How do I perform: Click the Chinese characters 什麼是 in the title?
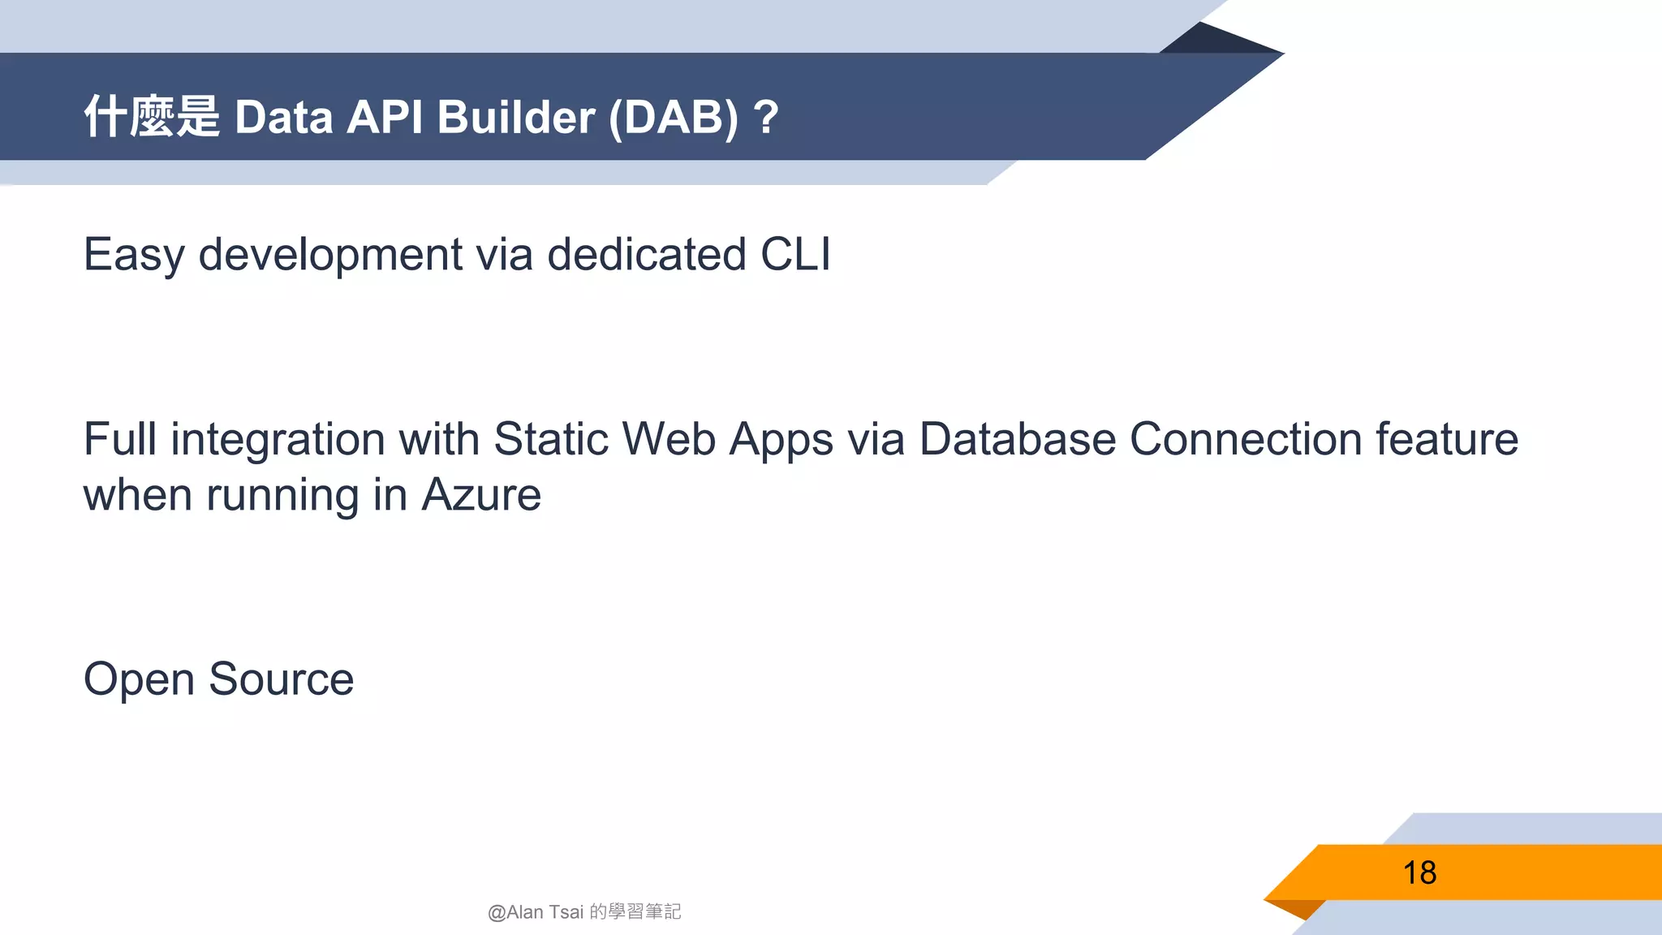(x=152, y=117)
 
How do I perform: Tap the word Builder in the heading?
(x=516, y=117)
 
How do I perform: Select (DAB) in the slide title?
(x=674, y=117)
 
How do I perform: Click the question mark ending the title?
(x=765, y=117)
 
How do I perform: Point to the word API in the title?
(x=385, y=117)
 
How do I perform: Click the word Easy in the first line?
(x=134, y=255)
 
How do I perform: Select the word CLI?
(x=795, y=255)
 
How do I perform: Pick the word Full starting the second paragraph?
(x=120, y=439)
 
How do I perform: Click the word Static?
(x=551, y=439)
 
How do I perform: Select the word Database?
(x=1018, y=439)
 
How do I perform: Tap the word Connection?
(x=1246, y=439)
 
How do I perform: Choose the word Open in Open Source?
(x=139, y=680)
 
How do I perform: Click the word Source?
(x=281, y=679)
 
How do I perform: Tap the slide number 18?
(x=1419, y=873)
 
